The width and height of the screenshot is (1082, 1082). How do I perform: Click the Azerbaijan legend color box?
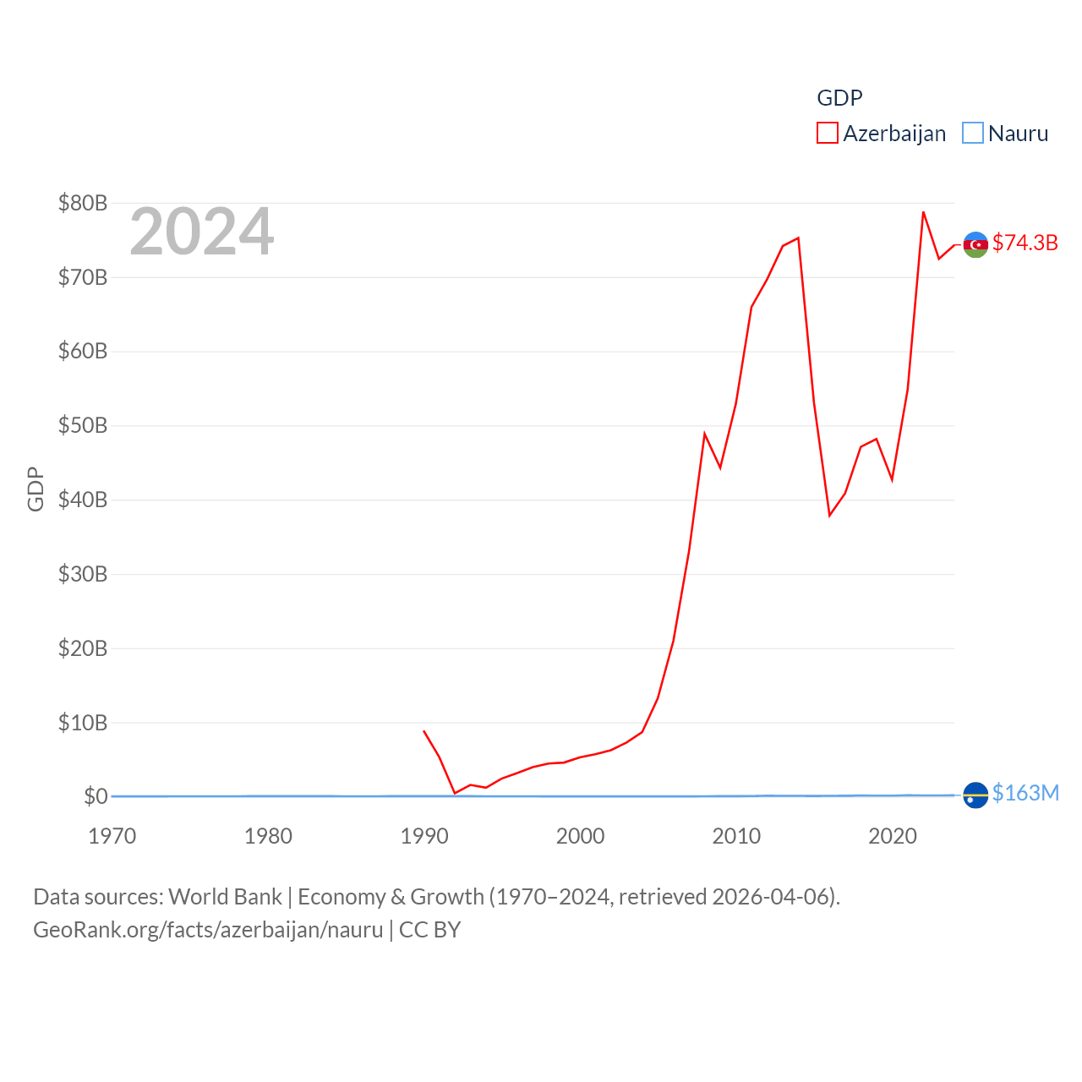827,134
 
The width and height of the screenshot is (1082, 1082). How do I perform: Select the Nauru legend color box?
973,134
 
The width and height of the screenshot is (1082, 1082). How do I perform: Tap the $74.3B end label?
1025,243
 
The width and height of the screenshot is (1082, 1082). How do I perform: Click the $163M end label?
1025,793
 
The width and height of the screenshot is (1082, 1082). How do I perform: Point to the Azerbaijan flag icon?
975,244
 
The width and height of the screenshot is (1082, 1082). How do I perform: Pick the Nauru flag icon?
975,795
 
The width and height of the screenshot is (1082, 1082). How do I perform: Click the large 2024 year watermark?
201,231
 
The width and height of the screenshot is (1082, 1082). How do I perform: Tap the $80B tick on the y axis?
83,203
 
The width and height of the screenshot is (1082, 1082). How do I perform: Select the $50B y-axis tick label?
83,425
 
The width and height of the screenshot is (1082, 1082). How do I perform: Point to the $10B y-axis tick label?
83,723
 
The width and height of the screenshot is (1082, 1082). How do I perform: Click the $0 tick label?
96,796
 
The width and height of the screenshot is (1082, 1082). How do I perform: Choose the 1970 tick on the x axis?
112,836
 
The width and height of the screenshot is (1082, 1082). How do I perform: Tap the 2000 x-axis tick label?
581,836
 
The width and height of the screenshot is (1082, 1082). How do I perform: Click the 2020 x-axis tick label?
893,836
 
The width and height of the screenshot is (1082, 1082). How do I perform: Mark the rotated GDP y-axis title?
36,489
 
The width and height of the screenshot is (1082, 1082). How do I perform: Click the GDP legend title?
839,98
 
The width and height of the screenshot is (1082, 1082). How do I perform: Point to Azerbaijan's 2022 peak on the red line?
923,212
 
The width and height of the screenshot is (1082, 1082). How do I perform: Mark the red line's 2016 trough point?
829,516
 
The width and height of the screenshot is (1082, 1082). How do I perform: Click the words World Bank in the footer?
225,896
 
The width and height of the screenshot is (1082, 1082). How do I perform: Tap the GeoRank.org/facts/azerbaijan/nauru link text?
208,930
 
